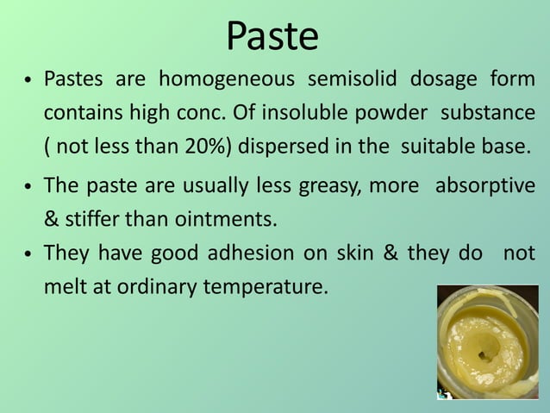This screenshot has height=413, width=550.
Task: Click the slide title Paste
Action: coord(272,36)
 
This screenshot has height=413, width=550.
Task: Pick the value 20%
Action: coord(205,146)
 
